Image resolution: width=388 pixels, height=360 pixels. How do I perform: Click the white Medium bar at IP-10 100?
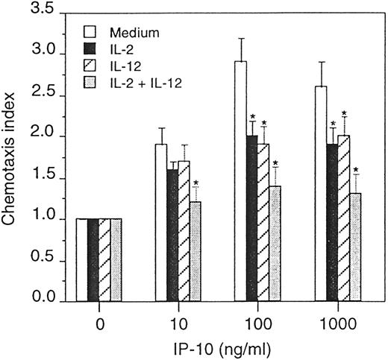241,182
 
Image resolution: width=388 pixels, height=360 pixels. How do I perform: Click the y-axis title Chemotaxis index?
13,156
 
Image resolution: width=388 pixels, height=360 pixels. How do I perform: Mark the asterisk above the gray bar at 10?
196,183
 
